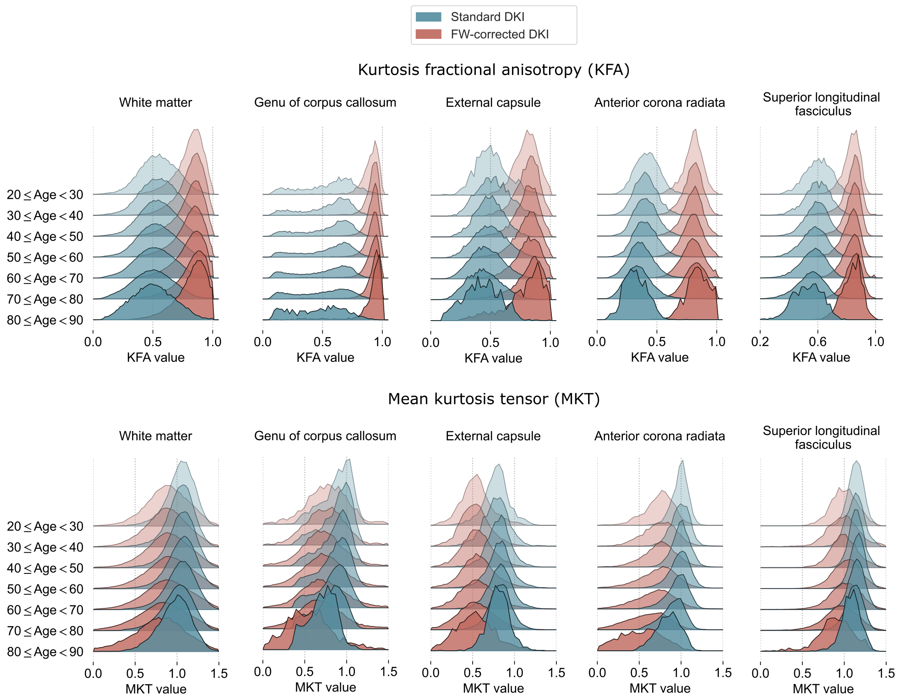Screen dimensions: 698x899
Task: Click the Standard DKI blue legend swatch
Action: click(428, 17)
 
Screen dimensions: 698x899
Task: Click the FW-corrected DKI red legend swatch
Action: click(428, 34)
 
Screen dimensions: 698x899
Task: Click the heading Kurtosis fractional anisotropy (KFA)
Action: click(493, 70)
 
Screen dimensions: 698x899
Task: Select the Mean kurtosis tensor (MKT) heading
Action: click(493, 399)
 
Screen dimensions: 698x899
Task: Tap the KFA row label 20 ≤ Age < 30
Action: click(45, 195)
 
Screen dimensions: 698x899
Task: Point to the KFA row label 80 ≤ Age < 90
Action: click(45, 320)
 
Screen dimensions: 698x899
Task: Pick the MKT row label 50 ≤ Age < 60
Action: click(45, 589)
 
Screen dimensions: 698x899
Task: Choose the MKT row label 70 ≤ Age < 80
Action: click(45, 631)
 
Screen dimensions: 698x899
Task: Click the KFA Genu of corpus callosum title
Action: click(325, 103)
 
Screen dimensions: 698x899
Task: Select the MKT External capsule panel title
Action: click(493, 436)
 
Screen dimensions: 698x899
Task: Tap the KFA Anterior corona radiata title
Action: click(659, 103)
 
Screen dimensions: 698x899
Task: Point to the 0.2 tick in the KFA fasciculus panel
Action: click(760, 342)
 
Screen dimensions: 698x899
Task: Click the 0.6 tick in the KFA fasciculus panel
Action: click(817, 342)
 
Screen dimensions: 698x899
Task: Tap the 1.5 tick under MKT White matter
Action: click(219, 673)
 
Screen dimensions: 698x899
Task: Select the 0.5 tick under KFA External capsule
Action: click(490, 343)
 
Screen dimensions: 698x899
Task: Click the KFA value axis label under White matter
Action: click(156, 358)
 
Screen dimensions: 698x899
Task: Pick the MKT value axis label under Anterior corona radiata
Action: click(659, 688)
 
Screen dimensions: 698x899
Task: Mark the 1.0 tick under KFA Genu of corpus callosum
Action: click(382, 342)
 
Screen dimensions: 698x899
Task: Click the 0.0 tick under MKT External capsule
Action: click(430, 673)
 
